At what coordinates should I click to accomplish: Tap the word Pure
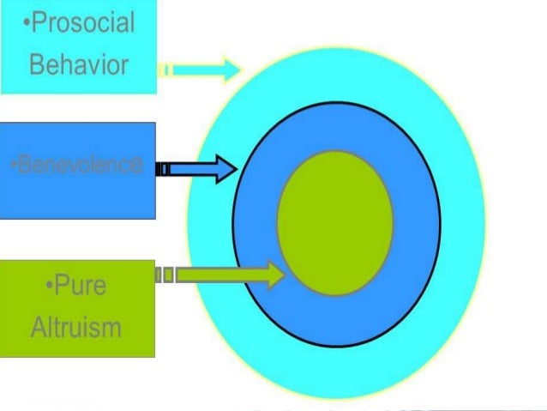point(78,286)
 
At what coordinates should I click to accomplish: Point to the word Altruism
point(75,326)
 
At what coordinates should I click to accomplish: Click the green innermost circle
point(334,223)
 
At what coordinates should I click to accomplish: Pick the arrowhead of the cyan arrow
point(232,69)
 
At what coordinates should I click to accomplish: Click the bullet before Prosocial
point(27,23)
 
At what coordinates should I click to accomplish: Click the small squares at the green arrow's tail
point(165,275)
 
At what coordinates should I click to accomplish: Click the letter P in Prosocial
point(38,22)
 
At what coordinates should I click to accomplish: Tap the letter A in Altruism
point(37,326)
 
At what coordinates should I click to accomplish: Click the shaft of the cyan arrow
point(197,69)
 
